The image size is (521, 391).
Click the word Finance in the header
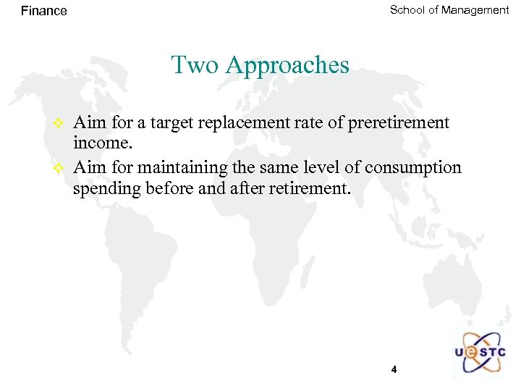(x=43, y=11)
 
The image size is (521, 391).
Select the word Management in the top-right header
(x=475, y=10)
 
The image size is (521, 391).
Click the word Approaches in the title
(x=287, y=66)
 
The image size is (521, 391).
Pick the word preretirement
(x=398, y=123)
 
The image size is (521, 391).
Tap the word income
(x=101, y=145)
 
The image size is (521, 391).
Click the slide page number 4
(x=394, y=369)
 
